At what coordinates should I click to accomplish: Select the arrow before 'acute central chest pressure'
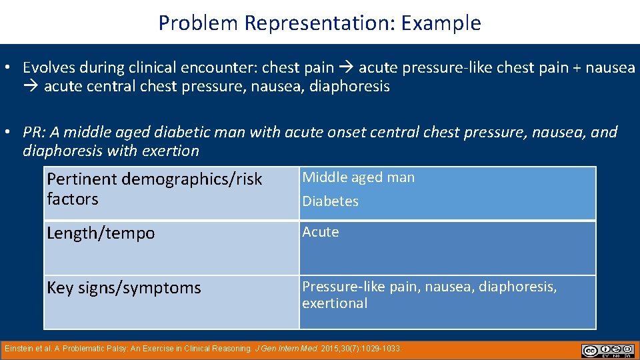pyautogui.click(x=31, y=87)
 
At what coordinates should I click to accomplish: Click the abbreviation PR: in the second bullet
pyautogui.click(x=35, y=132)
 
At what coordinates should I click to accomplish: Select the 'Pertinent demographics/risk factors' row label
pyautogui.click(x=155, y=189)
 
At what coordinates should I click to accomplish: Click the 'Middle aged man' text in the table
pyautogui.click(x=359, y=177)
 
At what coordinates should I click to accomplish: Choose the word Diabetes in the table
pyautogui.click(x=331, y=201)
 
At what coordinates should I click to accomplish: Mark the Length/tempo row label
pyautogui.click(x=101, y=233)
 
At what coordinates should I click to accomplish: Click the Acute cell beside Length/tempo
pyautogui.click(x=321, y=232)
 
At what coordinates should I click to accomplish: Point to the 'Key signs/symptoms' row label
pyautogui.click(x=123, y=288)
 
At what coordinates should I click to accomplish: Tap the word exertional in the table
pyautogui.click(x=335, y=303)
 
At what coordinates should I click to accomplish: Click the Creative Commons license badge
pyautogui.click(x=607, y=351)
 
